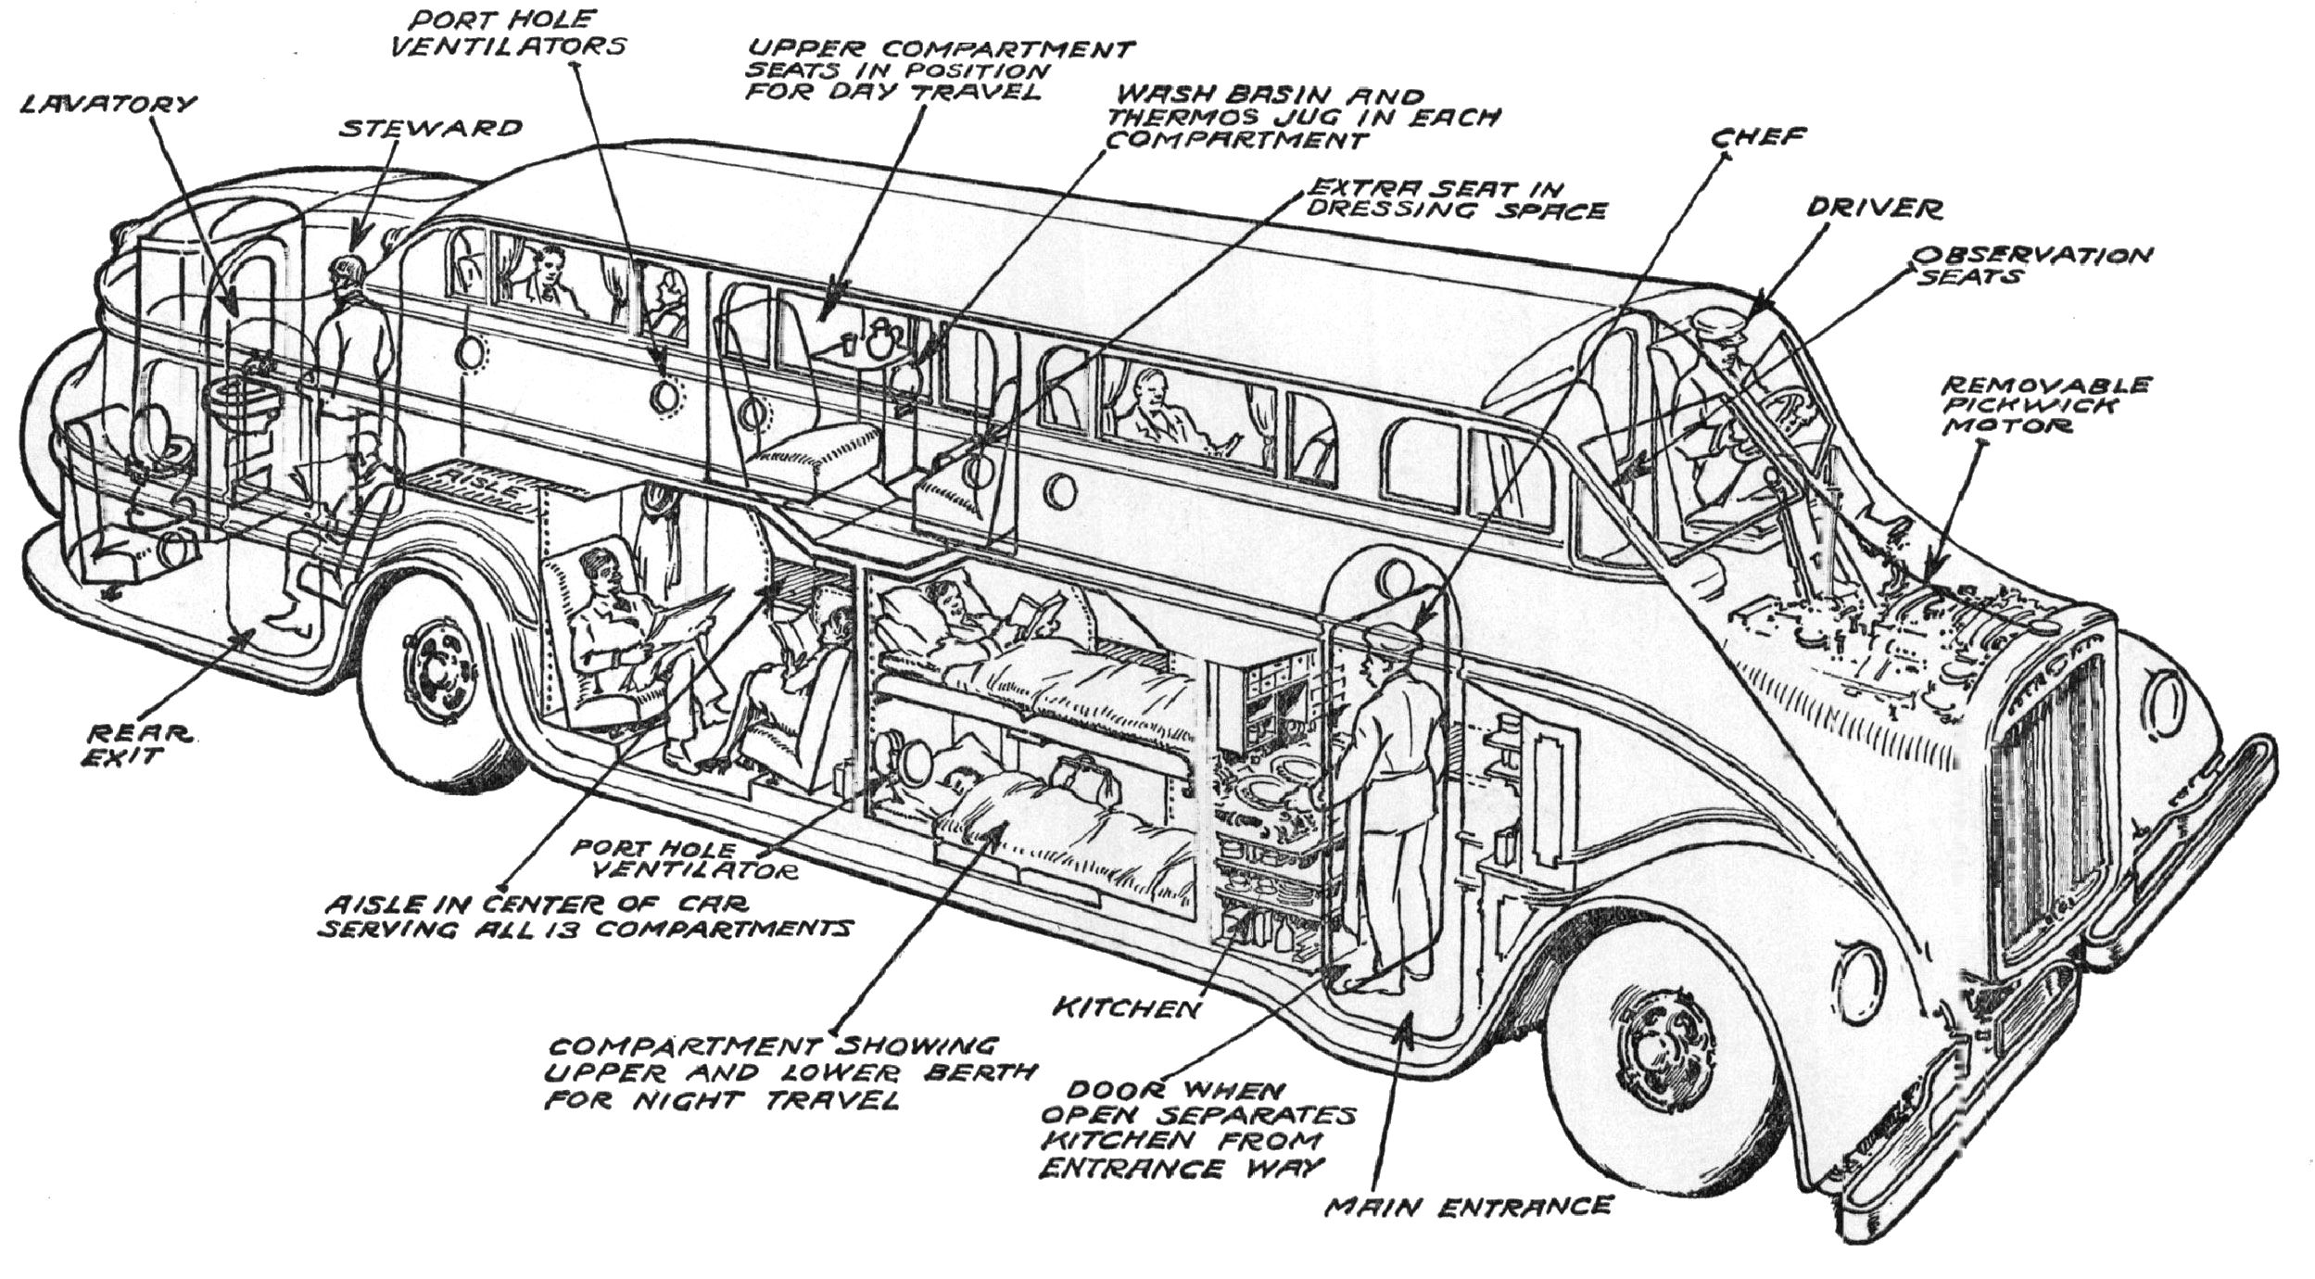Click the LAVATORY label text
(x=108, y=104)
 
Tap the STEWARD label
(x=430, y=128)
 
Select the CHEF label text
(x=1757, y=137)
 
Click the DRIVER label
(x=1873, y=209)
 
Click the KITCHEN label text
(x=1125, y=1007)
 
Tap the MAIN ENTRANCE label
(x=1469, y=1206)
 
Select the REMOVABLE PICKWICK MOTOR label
(x=2045, y=405)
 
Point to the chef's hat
(x=1392, y=636)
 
